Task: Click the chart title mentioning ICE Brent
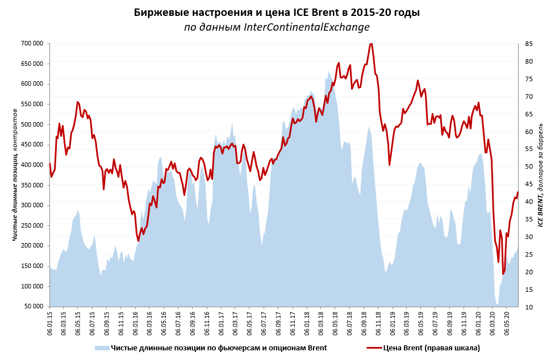[x=277, y=12]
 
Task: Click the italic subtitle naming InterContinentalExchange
[x=277, y=27]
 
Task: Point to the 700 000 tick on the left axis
[x=33, y=44]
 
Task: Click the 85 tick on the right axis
[x=528, y=44]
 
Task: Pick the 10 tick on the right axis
[x=528, y=307]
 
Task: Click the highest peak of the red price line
[x=371, y=44]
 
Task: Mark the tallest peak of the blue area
[x=329, y=72]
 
